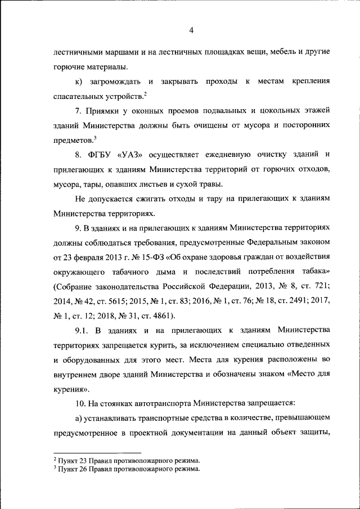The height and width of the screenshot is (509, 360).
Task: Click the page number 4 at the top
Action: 191,30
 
